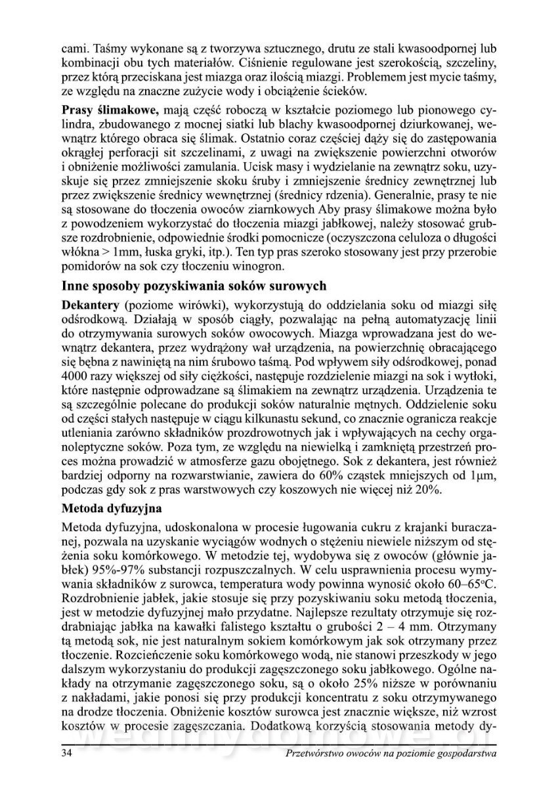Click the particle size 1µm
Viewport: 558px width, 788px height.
[x=482, y=475]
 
